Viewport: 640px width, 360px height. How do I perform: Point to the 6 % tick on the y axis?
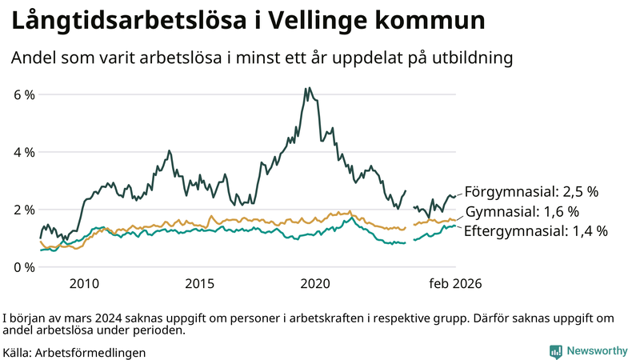[x=24, y=94]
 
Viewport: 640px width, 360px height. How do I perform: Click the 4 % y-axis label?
[x=24, y=152]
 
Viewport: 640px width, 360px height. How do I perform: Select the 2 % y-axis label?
[x=24, y=210]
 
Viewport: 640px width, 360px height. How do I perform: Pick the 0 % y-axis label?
[x=24, y=267]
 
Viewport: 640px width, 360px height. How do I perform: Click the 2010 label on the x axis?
[x=84, y=283]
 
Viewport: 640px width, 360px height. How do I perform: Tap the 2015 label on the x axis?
[x=200, y=283]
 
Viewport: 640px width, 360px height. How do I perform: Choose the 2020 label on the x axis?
[x=315, y=283]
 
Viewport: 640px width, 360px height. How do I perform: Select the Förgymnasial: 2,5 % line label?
[x=531, y=192]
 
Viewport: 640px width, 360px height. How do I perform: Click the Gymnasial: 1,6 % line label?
[x=522, y=212]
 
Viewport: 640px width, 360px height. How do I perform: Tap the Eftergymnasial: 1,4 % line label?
[x=536, y=231]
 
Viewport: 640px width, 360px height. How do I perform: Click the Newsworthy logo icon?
[x=555, y=351]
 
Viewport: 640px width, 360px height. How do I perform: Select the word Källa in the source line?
[x=18, y=352]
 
